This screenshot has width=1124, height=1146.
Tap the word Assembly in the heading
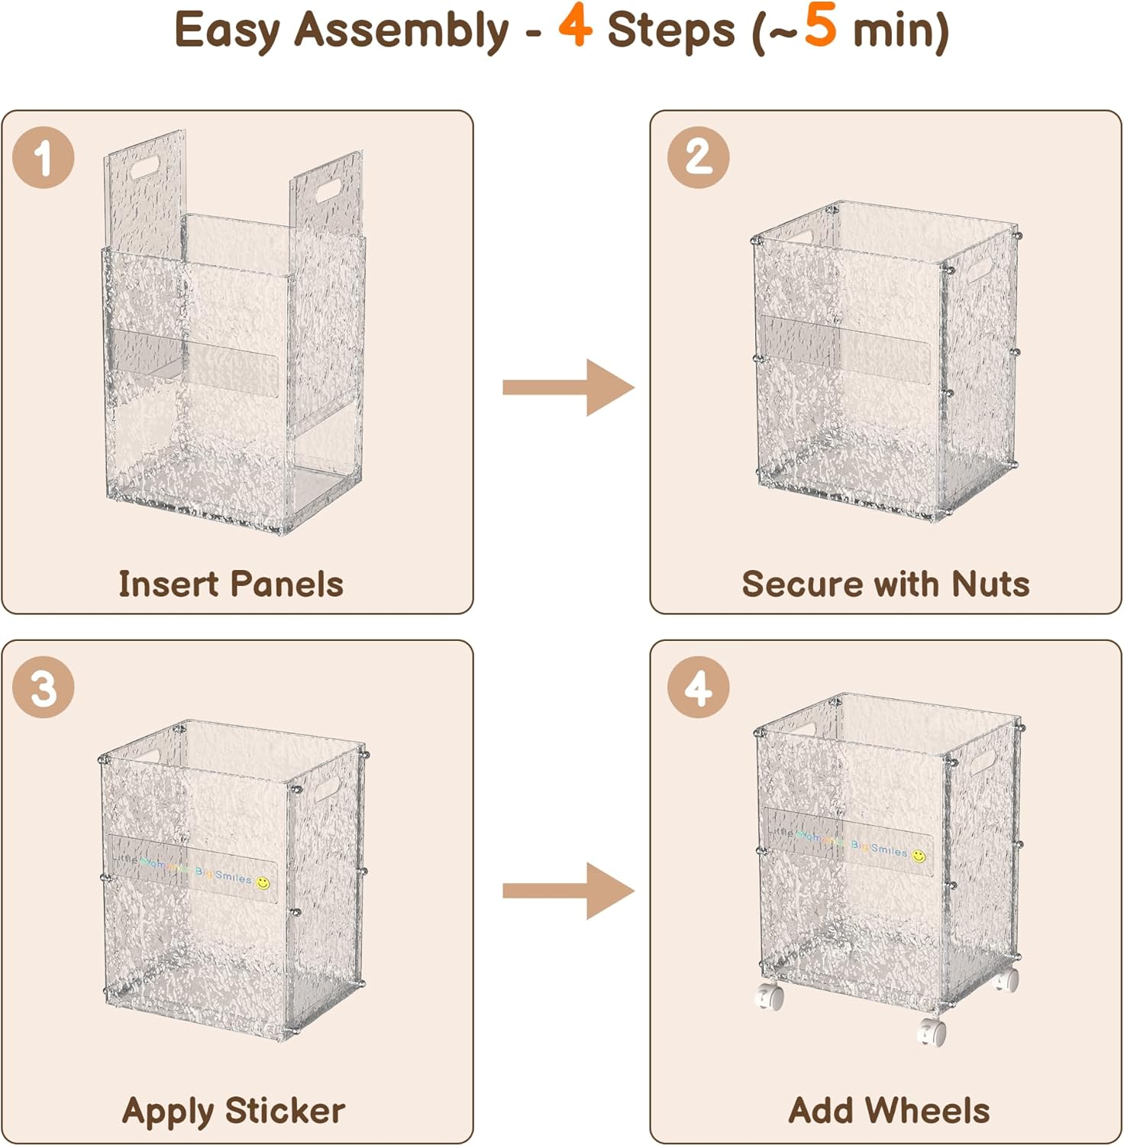402,31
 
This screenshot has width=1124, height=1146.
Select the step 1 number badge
44,158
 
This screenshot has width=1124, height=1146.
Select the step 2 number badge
698,158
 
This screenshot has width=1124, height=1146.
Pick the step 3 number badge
44,687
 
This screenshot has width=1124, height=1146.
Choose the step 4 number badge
698,687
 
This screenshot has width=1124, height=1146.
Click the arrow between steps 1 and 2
569,387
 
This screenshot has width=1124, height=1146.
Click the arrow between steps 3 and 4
569,891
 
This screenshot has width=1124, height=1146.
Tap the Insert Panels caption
231,584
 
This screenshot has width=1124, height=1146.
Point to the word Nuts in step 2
990,584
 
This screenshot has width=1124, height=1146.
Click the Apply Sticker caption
233,1111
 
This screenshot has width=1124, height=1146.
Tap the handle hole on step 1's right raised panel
328,190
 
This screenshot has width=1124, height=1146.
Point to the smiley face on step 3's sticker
263,883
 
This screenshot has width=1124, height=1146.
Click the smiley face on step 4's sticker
919,856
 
